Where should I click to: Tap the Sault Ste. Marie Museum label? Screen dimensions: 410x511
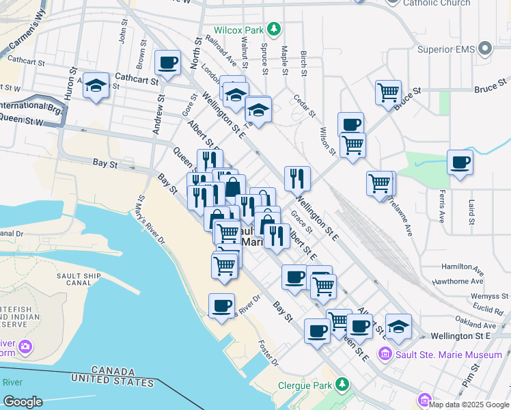(x=449, y=355)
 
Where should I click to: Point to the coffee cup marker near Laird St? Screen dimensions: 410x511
(x=460, y=163)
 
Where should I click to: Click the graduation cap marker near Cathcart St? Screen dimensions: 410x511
(x=96, y=87)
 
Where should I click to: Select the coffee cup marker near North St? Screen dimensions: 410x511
(x=167, y=63)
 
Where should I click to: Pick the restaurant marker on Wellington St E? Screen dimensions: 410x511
(x=297, y=178)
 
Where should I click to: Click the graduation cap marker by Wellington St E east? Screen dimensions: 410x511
(x=398, y=327)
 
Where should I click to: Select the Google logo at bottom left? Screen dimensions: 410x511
(x=22, y=402)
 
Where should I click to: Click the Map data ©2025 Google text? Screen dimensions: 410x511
(x=469, y=405)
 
